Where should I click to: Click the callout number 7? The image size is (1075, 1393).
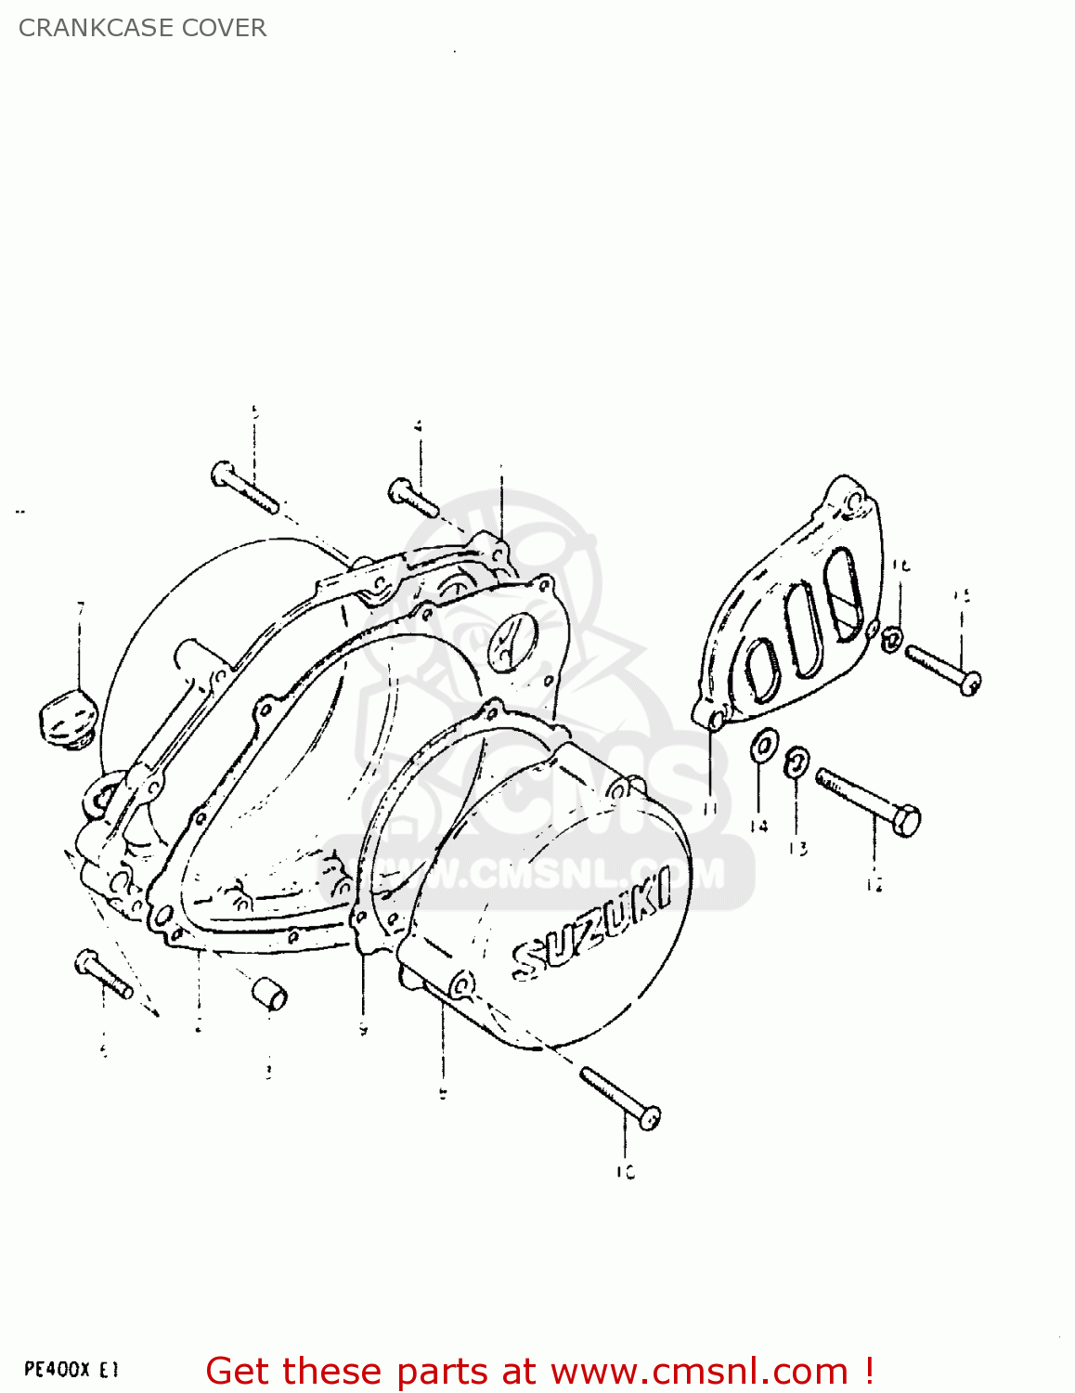[80, 608]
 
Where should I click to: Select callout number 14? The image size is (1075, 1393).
[759, 826]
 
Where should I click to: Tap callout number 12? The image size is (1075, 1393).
[874, 885]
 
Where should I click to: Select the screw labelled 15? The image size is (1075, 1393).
[941, 669]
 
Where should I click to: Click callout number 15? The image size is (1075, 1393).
[962, 595]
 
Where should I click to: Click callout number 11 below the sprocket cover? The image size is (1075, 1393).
[711, 808]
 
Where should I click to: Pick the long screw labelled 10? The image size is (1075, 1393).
[620, 1097]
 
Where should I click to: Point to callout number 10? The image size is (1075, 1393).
[625, 1173]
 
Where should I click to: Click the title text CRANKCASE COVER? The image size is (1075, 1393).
[142, 28]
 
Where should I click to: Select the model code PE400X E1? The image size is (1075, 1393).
[71, 1369]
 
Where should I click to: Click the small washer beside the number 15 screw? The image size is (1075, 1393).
[891, 638]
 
